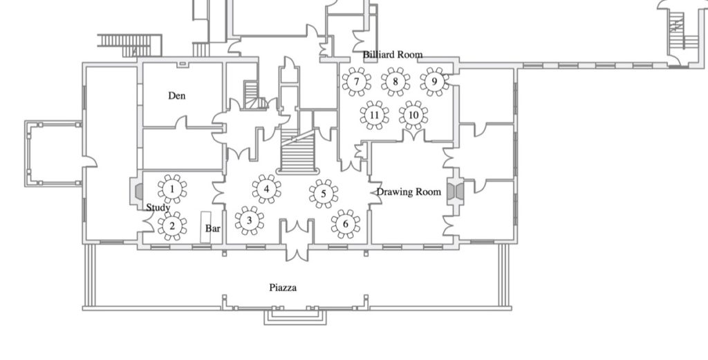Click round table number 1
pyautogui.click(x=172, y=189)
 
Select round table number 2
pyautogui.click(x=172, y=226)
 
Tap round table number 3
pyautogui.click(x=249, y=220)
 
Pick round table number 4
pyautogui.click(x=266, y=189)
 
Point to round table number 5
pyautogui.click(x=324, y=194)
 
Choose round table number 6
pyautogui.click(x=346, y=224)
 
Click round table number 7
pyautogui.click(x=357, y=82)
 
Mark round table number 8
pyautogui.click(x=395, y=82)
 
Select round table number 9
pyautogui.click(x=434, y=82)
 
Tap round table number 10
pyautogui.click(x=413, y=115)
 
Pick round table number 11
pyautogui.click(x=374, y=115)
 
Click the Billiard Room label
pyautogui.click(x=393, y=55)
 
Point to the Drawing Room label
pyautogui.click(x=409, y=192)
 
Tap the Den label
pyautogui.click(x=176, y=95)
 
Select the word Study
pyautogui.click(x=158, y=208)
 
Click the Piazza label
pyautogui.click(x=283, y=288)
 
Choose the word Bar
pyautogui.click(x=213, y=229)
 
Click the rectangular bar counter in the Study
pyautogui.click(x=205, y=227)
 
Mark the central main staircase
pyautogui.click(x=297, y=152)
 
